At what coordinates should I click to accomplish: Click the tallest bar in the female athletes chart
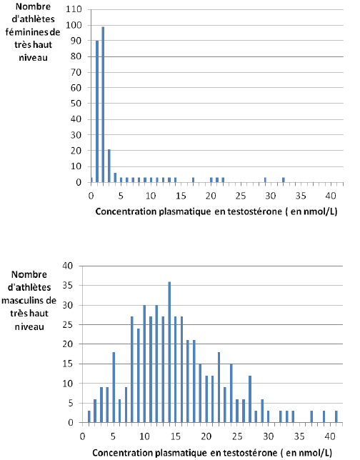pyautogui.click(x=103, y=104)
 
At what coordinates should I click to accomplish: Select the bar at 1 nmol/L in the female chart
pyautogui.click(x=97, y=111)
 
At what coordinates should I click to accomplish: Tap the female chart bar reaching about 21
pyautogui.click(x=109, y=166)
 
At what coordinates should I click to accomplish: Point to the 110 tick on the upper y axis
pyautogui.click(x=74, y=9)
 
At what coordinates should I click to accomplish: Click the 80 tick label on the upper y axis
pyautogui.click(x=76, y=56)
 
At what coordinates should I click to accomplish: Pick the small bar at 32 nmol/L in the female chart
pyautogui.click(x=284, y=180)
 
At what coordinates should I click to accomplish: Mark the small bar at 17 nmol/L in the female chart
pyautogui.click(x=193, y=180)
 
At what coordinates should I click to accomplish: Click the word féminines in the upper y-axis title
pyautogui.click(x=25, y=32)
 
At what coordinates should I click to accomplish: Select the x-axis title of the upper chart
pyautogui.click(x=216, y=211)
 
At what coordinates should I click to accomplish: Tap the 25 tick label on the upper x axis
pyautogui.click(x=241, y=196)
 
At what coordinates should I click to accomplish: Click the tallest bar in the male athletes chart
pyautogui.click(x=169, y=352)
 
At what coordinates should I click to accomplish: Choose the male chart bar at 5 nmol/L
pyautogui.click(x=114, y=387)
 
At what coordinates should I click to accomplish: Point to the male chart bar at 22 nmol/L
pyautogui.click(x=219, y=387)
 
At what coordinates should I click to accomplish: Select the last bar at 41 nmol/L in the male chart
pyautogui.click(x=336, y=417)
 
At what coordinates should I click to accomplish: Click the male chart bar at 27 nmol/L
pyautogui.click(x=250, y=399)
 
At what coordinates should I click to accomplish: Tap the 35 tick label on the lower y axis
pyautogui.click(x=67, y=286)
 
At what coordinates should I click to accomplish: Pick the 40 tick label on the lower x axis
pyautogui.click(x=330, y=436)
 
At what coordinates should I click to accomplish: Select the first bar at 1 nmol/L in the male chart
pyautogui.click(x=89, y=417)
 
